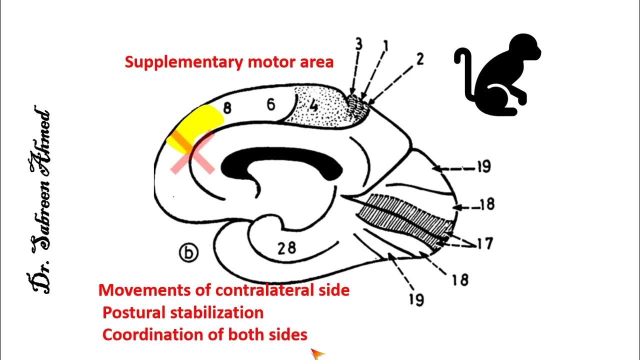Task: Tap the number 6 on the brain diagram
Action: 270,105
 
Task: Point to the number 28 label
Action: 286,248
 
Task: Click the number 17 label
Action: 483,243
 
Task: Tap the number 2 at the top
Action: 419,59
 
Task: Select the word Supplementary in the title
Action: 184,62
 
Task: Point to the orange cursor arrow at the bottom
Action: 316,354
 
